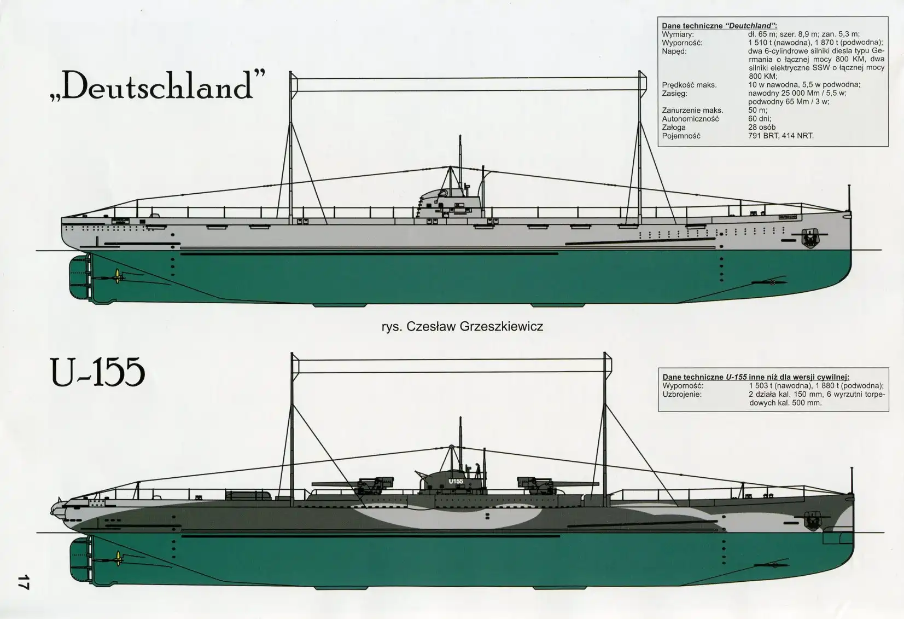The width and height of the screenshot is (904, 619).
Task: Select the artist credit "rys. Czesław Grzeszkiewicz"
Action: point(462,327)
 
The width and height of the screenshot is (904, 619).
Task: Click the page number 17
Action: point(23,582)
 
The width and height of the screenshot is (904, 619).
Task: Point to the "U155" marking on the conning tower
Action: point(455,481)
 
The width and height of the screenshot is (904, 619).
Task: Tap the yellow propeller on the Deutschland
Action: point(117,276)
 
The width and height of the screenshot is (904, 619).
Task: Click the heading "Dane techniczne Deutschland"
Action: point(719,26)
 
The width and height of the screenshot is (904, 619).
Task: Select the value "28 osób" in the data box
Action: point(762,127)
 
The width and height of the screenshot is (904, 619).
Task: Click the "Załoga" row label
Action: point(674,127)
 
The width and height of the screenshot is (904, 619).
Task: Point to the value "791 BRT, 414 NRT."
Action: point(780,136)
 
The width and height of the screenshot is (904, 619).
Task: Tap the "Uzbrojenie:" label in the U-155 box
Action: point(682,394)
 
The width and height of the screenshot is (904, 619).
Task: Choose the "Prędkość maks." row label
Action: point(689,85)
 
